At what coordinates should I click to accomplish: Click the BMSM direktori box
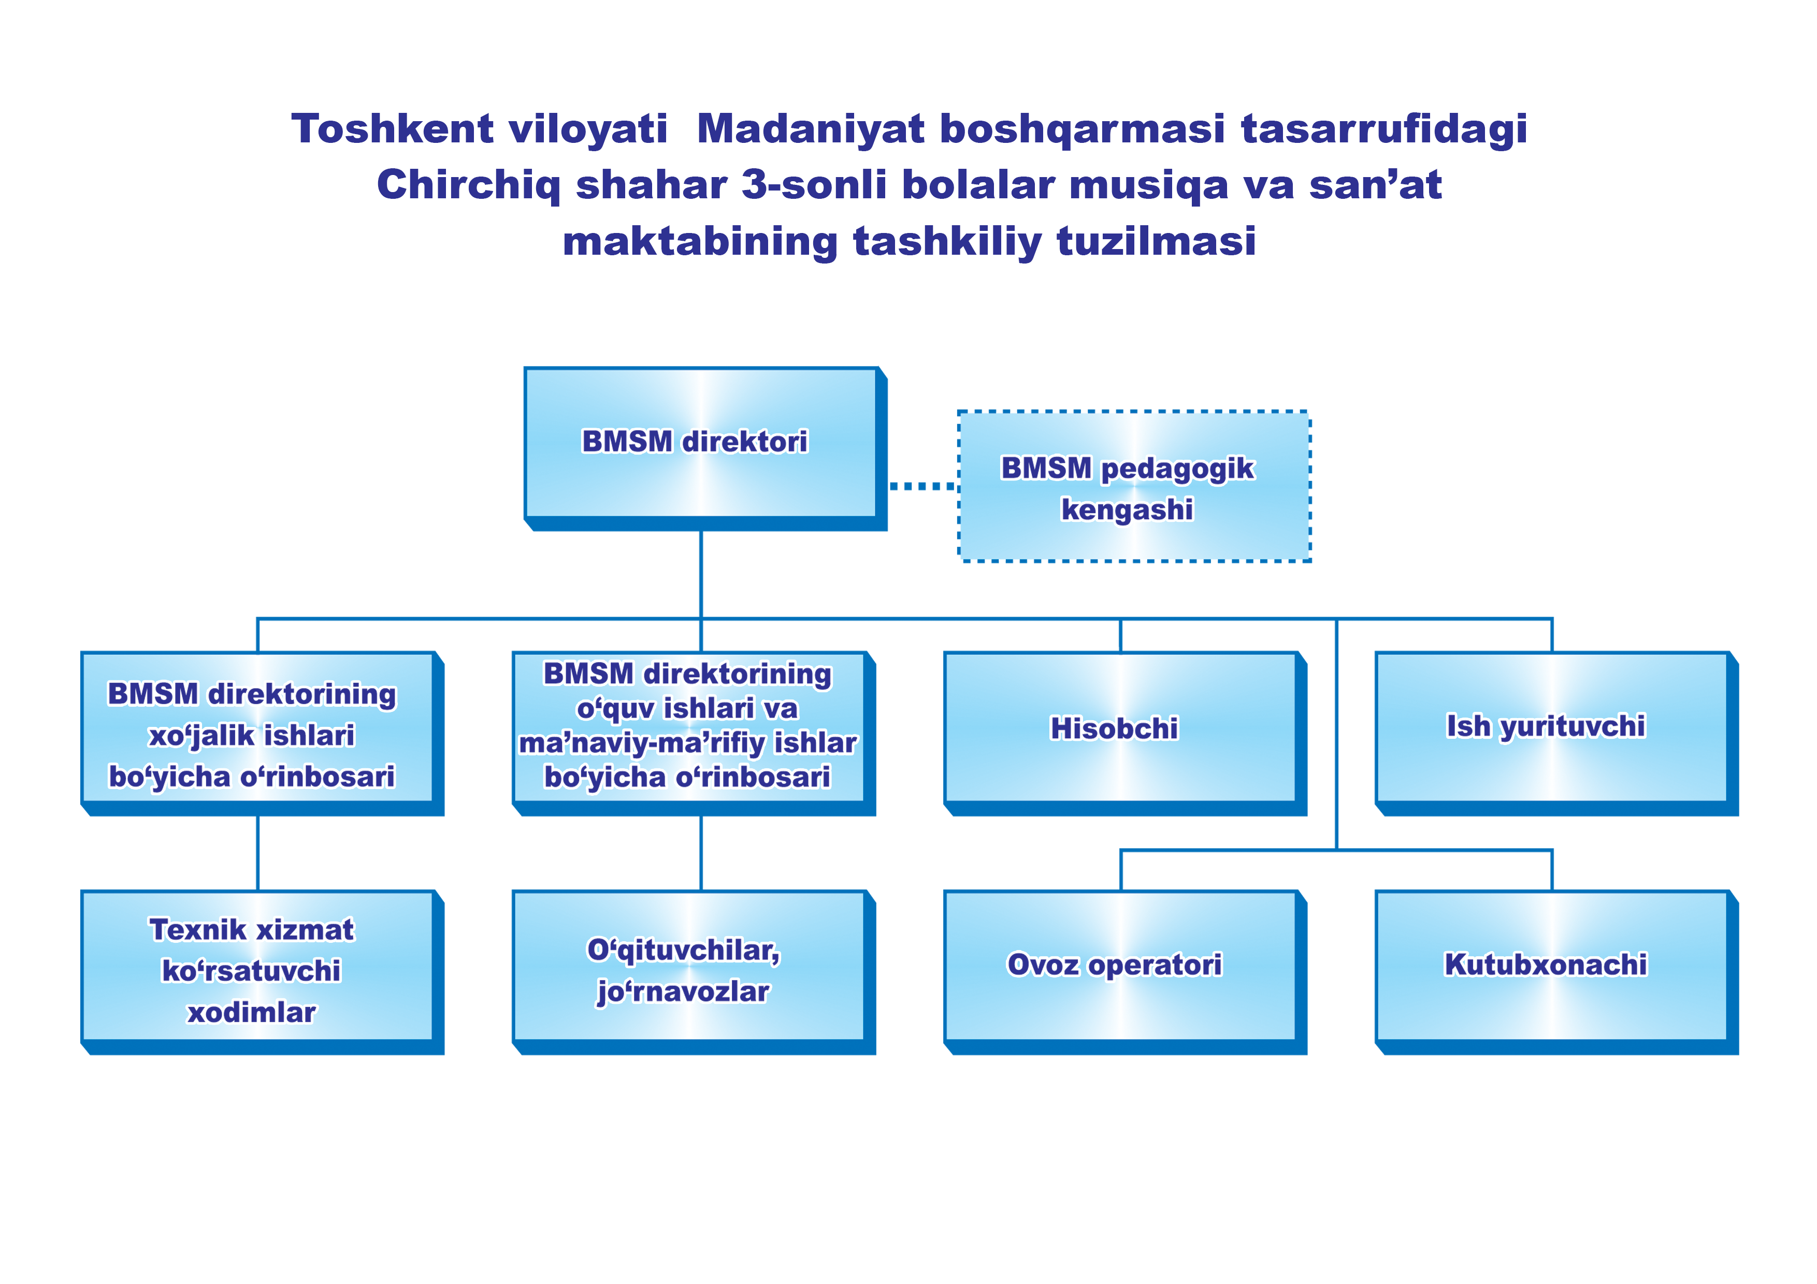(705, 448)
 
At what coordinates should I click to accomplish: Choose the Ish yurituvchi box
(1556, 733)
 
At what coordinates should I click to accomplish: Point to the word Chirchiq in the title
(469, 186)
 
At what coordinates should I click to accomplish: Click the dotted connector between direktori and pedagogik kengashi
(923, 486)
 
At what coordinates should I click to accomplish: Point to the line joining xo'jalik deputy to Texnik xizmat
(258, 853)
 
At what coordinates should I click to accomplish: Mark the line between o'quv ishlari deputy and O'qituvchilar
(701, 853)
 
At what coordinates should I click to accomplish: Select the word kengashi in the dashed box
(1127, 509)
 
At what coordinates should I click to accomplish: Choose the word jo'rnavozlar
(683, 992)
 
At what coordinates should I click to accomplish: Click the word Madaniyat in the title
(811, 129)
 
